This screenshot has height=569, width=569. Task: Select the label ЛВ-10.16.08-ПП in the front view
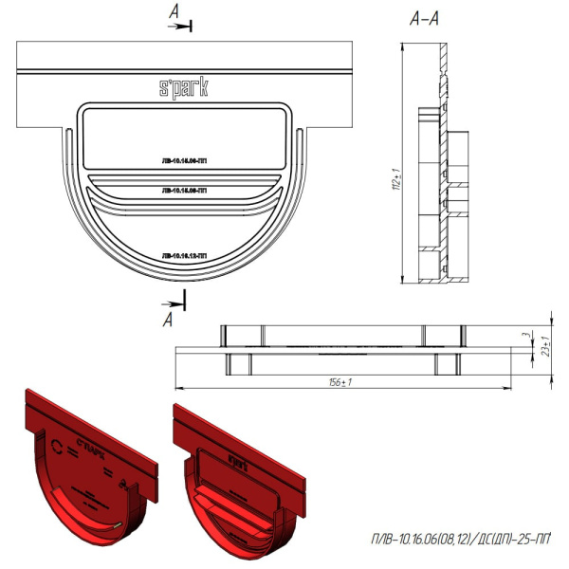coord(185,191)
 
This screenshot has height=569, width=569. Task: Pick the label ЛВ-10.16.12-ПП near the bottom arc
coord(185,255)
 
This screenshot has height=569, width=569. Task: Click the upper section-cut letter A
coord(176,12)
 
